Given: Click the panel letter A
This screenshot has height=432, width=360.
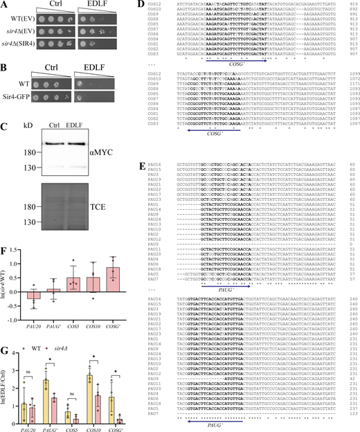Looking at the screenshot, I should (x=5, y=6).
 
